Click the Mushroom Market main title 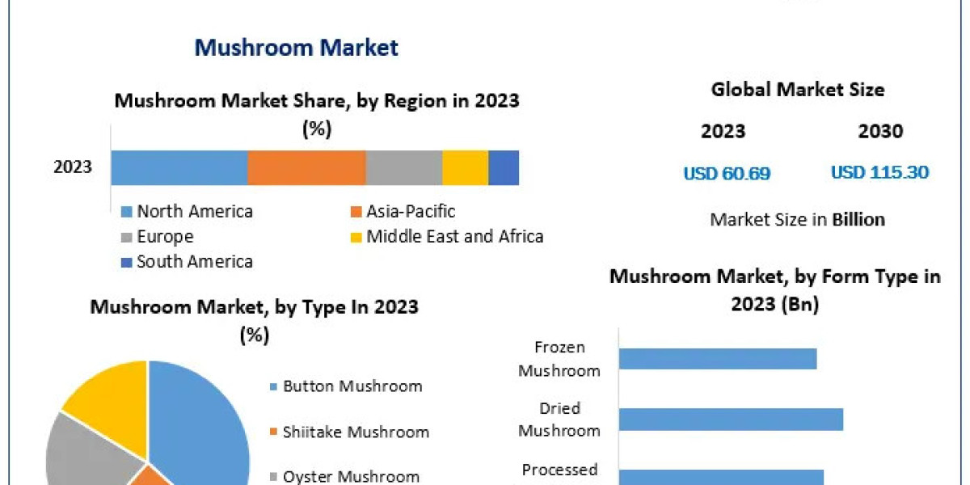[x=296, y=48]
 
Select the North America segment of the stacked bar [x=179, y=168]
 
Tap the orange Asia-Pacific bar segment [x=306, y=168]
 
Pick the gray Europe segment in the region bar [x=403, y=168]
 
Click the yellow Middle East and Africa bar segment [x=465, y=168]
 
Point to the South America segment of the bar [x=504, y=168]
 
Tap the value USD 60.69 [x=727, y=173]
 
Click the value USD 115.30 [x=879, y=172]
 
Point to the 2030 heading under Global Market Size [x=880, y=132]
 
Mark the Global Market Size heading [x=797, y=90]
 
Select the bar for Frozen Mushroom [x=718, y=359]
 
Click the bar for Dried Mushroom [x=731, y=420]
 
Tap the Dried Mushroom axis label [x=559, y=420]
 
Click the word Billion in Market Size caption [x=858, y=220]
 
